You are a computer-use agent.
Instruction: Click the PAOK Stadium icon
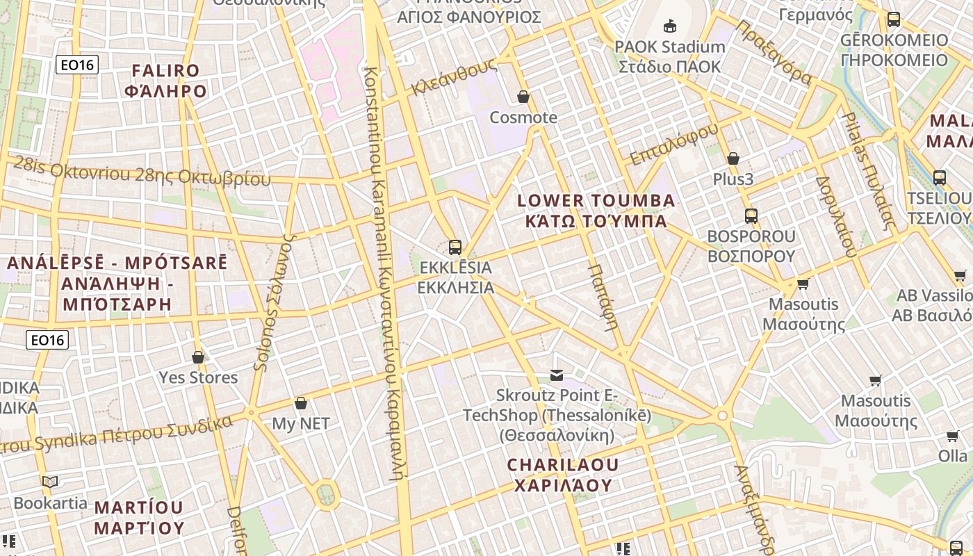coord(669,26)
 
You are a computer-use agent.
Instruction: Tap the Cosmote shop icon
coord(523,97)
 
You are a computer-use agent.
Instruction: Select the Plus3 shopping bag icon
coord(733,158)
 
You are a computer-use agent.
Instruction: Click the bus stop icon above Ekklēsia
coord(455,247)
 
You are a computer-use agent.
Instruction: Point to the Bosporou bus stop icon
coord(751,215)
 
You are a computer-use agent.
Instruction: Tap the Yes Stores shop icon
coord(198,357)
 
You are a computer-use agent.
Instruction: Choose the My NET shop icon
coord(301,403)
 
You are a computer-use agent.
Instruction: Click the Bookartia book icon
coord(50,482)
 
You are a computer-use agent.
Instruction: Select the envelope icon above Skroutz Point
coord(557,375)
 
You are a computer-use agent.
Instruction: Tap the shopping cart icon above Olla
coord(952,436)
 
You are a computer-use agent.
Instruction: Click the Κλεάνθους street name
coord(455,76)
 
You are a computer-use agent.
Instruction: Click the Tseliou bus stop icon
coord(940,177)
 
